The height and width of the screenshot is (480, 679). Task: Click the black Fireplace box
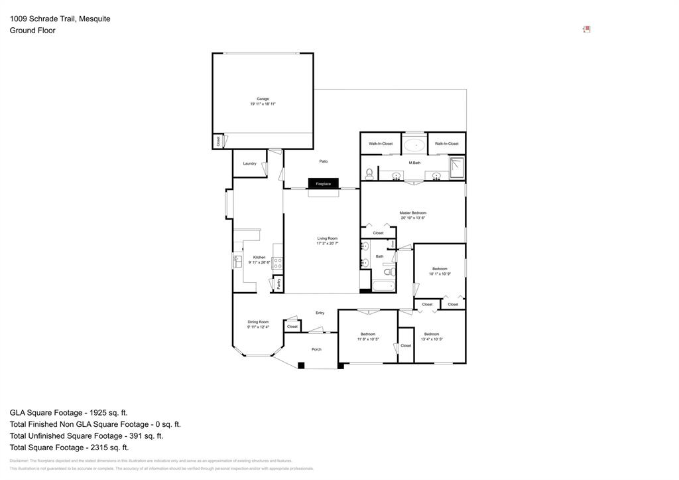[323, 184]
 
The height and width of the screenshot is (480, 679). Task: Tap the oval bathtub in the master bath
[415, 144]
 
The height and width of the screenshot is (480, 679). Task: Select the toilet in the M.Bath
[369, 174]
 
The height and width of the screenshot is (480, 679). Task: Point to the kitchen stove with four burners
[278, 263]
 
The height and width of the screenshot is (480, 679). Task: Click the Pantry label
[278, 283]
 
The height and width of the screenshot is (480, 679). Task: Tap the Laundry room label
[249, 163]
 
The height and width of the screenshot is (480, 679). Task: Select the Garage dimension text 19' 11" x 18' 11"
[263, 104]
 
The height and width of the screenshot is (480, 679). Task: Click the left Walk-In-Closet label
[381, 143]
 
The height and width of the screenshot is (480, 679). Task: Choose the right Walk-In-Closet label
[446, 143]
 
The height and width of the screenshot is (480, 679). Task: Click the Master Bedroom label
[412, 213]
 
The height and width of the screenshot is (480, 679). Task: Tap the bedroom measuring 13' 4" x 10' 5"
[432, 337]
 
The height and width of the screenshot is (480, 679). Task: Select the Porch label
[316, 349]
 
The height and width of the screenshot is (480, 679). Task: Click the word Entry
[320, 313]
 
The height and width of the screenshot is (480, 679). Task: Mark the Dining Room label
[258, 322]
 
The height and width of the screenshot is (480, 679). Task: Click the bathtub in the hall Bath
[383, 286]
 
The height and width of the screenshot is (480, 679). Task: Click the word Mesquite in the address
[94, 19]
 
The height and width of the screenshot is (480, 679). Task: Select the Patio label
[324, 161]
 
